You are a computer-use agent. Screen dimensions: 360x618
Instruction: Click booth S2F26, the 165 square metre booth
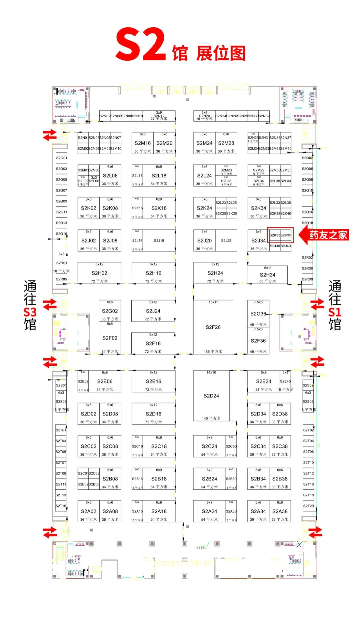213,327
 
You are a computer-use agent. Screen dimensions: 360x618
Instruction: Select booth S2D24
211,396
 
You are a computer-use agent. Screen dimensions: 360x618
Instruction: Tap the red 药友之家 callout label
328,235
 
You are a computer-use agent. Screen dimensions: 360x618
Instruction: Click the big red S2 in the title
141,45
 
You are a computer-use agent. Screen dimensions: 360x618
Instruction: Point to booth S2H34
267,275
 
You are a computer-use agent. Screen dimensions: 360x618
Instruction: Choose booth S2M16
143,143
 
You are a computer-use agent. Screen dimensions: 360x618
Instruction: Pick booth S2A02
88,511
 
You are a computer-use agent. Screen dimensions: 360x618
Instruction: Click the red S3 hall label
30,312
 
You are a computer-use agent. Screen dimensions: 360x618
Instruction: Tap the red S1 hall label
335,312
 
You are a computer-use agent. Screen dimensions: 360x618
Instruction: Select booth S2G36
258,314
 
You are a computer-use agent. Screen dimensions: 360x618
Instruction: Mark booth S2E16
153,381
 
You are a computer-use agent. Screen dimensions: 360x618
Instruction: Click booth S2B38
280,479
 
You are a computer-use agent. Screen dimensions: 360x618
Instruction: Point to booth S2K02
88,208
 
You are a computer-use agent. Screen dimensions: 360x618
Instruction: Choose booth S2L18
159,176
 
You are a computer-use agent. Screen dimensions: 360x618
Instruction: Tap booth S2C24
209,446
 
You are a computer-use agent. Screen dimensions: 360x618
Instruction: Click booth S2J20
204,241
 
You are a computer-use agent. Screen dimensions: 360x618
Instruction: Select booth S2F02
110,338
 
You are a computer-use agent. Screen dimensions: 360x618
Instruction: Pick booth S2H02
99,273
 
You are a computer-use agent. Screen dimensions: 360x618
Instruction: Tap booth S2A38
280,511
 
